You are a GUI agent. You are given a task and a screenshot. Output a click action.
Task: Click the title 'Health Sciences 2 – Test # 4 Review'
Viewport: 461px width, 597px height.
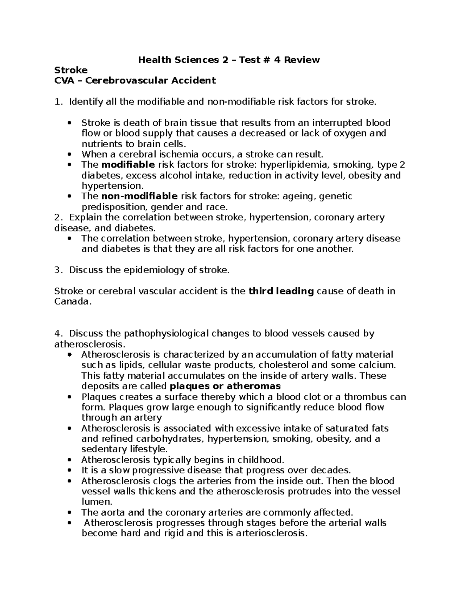229,60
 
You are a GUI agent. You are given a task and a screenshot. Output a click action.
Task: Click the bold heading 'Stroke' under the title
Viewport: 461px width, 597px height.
71,70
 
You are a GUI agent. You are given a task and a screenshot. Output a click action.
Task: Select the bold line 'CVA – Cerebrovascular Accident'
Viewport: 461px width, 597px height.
135,81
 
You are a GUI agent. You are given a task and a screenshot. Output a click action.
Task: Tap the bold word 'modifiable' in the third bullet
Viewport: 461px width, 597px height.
128,165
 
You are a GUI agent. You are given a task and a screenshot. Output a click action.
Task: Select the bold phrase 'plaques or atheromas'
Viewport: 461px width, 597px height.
225,386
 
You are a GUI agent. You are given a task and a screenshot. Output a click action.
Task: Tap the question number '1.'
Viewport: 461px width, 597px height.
58,102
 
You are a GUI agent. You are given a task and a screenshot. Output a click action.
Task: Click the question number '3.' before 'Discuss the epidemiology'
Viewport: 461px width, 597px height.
58,270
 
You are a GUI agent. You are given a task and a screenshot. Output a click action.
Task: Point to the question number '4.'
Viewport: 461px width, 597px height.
58,334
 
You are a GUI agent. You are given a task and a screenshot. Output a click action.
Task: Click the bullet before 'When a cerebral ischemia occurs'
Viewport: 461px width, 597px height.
69,155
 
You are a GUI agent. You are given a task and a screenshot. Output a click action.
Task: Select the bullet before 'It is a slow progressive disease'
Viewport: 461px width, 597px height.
69,471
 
